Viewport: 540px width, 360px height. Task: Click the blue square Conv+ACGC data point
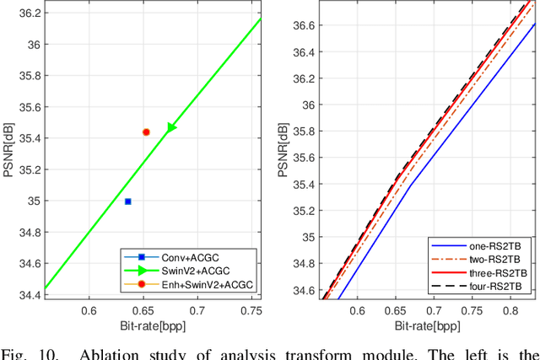point(127,201)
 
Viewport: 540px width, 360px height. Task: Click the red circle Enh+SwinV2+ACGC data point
point(146,132)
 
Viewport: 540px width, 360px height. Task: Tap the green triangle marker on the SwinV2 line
point(171,127)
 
